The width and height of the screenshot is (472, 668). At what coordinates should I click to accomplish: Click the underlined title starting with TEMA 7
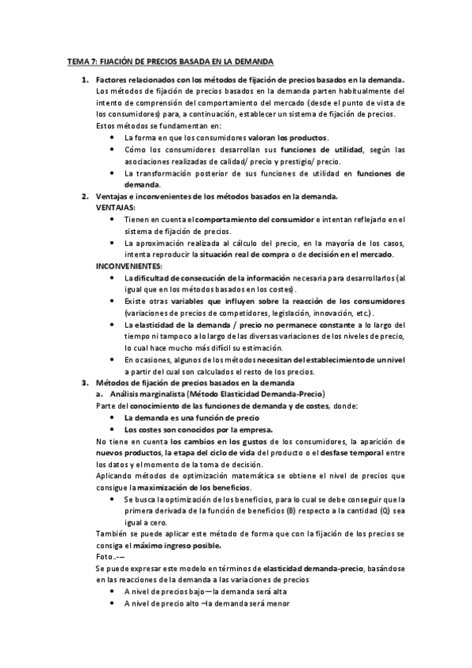pyautogui.click(x=169, y=61)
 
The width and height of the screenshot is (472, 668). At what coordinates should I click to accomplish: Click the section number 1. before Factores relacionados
pyautogui.click(x=85, y=80)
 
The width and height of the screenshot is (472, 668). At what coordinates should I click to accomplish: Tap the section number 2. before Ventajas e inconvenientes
pyautogui.click(x=85, y=196)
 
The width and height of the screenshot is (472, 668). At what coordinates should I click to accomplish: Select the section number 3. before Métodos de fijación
pyautogui.click(x=85, y=382)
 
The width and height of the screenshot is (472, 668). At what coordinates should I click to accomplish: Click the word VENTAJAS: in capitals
pyautogui.click(x=115, y=207)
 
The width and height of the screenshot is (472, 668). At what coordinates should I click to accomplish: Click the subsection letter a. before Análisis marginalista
pyautogui.click(x=99, y=394)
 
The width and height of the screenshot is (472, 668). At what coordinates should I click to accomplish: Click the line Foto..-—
pyautogui.click(x=110, y=556)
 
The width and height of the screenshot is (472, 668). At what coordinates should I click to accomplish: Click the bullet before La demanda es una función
pyautogui.click(x=114, y=417)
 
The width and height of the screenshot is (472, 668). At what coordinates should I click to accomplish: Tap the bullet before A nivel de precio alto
pyautogui.click(x=114, y=603)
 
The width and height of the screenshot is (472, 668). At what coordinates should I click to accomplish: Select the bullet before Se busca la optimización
pyautogui.click(x=114, y=499)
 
